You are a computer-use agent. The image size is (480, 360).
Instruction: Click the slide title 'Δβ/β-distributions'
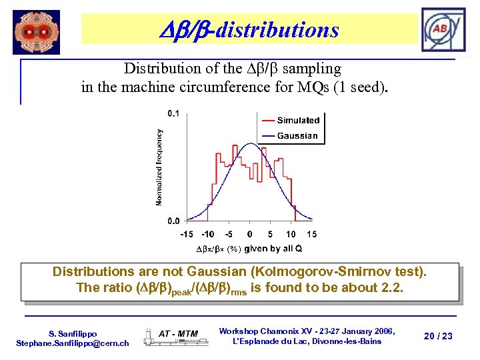[249, 30]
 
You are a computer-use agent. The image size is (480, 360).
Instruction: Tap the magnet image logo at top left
[36, 32]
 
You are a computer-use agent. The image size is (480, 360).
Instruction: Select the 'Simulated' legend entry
[297, 121]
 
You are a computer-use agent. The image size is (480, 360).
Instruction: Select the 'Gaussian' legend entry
[297, 135]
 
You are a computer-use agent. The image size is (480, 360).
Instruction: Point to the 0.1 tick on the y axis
[173, 113]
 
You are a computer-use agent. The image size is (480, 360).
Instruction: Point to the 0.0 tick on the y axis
[173, 221]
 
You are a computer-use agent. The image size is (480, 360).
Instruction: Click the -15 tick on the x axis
[187, 234]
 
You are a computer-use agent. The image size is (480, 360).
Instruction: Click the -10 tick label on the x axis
[208, 234]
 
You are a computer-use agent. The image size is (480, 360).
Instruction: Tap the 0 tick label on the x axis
[249, 234]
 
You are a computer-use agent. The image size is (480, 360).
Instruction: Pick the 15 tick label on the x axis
[311, 234]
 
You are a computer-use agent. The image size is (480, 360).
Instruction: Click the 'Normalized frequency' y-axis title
[159, 167]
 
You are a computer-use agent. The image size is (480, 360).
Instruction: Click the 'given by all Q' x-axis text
[273, 249]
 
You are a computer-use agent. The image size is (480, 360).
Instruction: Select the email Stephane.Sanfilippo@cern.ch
[72, 343]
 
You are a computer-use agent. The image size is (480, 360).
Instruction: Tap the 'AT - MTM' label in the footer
[178, 333]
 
